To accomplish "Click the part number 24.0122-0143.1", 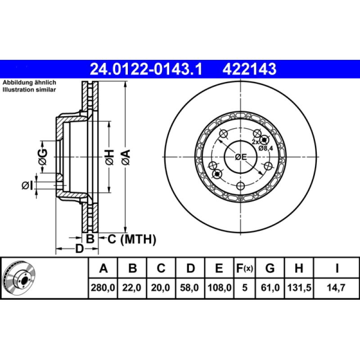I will (x=146, y=69).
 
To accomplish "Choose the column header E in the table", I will (x=219, y=269).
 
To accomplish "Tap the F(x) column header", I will (x=245, y=269).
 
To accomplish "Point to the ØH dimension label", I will (x=109, y=156).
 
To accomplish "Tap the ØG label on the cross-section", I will (x=43, y=156).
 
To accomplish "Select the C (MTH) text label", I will (x=131, y=239).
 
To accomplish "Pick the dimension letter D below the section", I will (x=79, y=248).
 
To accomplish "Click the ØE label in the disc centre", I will (x=241, y=157).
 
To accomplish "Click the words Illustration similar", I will (x=29, y=90).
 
